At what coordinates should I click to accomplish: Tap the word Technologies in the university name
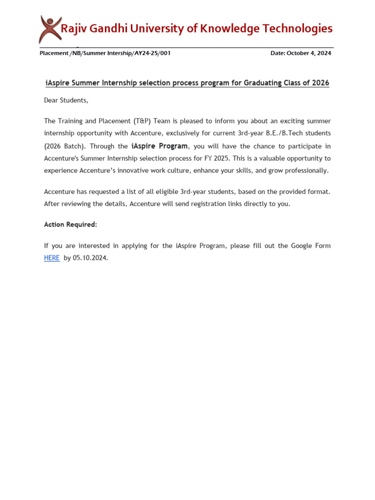tap(298, 28)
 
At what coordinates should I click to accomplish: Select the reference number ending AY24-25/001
tap(105, 53)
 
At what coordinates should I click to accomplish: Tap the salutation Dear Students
tap(66, 101)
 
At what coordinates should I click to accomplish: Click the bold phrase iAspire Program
tap(159, 146)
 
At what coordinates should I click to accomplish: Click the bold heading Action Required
tap(70, 225)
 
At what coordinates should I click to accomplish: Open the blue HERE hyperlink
tap(52, 258)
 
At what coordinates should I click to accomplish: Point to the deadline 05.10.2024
tap(90, 258)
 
